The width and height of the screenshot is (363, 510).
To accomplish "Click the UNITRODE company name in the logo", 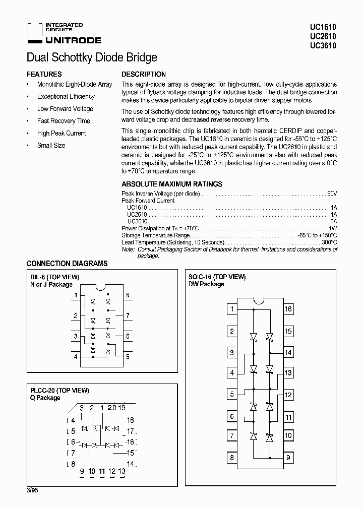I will click(x=73, y=40).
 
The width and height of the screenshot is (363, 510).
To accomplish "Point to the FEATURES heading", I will click(x=44, y=74).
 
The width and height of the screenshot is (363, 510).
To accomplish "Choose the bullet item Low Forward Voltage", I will click(x=65, y=109).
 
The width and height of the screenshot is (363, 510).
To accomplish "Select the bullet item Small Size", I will click(x=51, y=146).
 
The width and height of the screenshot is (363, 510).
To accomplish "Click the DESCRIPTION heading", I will click(x=144, y=74).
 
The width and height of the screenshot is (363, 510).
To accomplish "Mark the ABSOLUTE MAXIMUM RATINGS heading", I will click(x=172, y=184).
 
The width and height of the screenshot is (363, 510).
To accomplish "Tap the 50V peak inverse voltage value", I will click(x=332, y=194).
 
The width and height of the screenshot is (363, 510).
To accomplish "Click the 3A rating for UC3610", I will click(x=333, y=221).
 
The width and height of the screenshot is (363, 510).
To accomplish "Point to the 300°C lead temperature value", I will click(x=329, y=242).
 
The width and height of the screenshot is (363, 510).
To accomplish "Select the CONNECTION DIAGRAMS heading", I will click(x=67, y=264).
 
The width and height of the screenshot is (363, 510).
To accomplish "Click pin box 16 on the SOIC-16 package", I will click(x=288, y=309).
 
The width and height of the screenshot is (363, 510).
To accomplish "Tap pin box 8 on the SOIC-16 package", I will click(x=232, y=458).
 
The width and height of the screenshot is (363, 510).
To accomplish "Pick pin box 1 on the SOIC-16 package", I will click(x=232, y=309).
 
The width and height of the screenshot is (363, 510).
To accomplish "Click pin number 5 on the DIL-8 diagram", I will click(x=128, y=356).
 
